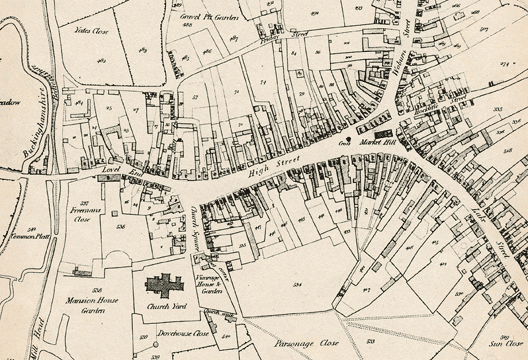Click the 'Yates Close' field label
coord(91,31)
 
